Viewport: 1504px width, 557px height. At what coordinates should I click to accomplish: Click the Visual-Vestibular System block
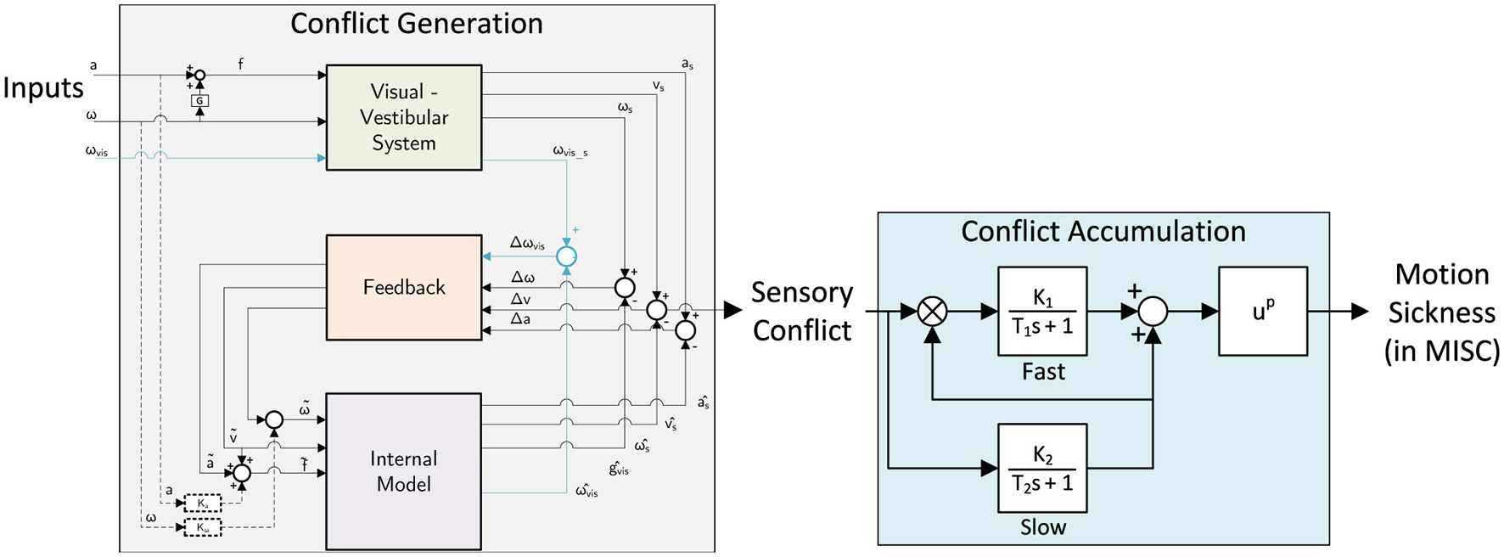pyautogui.click(x=404, y=117)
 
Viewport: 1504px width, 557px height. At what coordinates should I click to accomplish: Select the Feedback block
pyautogui.click(x=404, y=287)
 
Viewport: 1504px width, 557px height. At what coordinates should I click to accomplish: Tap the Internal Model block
pyautogui.click(x=404, y=471)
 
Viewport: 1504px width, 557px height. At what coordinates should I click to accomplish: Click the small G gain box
pyautogui.click(x=199, y=101)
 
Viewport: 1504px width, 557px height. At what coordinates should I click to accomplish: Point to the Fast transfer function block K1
pyautogui.click(x=1042, y=311)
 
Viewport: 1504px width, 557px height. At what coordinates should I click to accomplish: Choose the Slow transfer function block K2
pyautogui.click(x=1042, y=468)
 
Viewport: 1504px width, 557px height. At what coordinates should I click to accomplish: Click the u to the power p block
pyautogui.click(x=1263, y=311)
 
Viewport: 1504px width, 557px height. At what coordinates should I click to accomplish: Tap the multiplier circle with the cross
pyautogui.click(x=933, y=312)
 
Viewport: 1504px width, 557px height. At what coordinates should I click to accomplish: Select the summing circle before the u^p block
pyautogui.click(x=1153, y=312)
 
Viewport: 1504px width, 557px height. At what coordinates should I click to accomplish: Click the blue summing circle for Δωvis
pyautogui.click(x=566, y=256)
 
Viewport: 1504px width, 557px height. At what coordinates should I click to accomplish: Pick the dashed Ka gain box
pyautogui.click(x=203, y=504)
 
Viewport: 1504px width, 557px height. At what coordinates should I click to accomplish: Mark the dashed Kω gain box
pyautogui.click(x=203, y=527)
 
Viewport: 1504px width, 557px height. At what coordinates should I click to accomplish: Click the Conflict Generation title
pyautogui.click(x=417, y=24)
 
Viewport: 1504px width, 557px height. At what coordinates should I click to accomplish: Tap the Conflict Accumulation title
pyautogui.click(x=1103, y=232)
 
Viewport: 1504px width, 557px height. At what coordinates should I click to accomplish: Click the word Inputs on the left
pyautogui.click(x=43, y=88)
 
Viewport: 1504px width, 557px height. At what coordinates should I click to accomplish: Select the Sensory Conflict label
pyautogui.click(x=802, y=312)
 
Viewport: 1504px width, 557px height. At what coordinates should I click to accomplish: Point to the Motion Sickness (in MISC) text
pyautogui.click(x=1441, y=312)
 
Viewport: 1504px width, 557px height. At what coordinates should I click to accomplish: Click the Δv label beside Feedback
pyautogui.click(x=520, y=299)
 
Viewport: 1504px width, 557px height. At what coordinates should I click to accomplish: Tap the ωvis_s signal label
pyautogui.click(x=570, y=151)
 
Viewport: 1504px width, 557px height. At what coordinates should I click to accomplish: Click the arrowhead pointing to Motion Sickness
pyautogui.click(x=1361, y=312)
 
